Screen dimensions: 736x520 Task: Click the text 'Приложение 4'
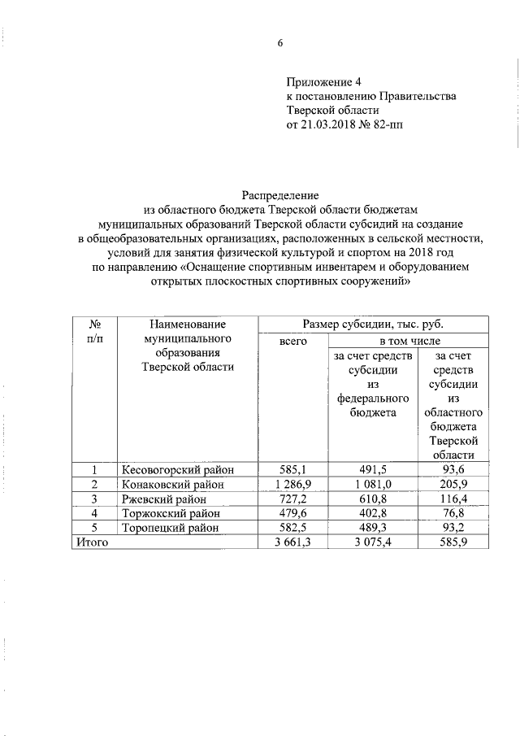click(323, 81)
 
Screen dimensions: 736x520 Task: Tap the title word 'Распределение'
click(280, 194)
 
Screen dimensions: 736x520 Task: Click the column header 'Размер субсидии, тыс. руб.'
click(373, 324)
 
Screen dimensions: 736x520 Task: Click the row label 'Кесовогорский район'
click(177, 470)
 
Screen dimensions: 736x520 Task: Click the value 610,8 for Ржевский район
click(371, 499)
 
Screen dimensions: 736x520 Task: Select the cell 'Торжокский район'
click(171, 513)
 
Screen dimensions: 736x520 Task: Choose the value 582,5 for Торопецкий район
click(292, 528)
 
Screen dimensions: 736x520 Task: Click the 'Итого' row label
click(92, 542)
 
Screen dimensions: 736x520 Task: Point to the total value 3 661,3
click(292, 542)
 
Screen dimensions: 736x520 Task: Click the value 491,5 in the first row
click(371, 470)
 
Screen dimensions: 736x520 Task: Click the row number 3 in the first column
click(94, 499)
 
